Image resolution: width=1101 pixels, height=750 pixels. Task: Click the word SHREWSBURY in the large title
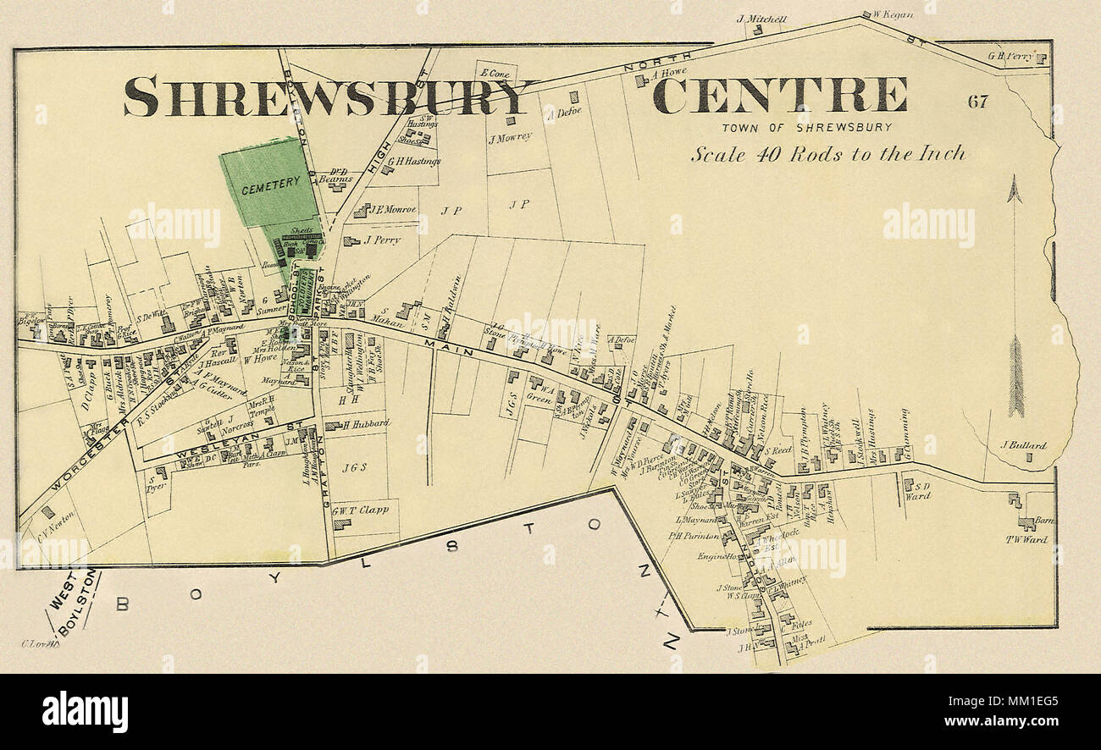330,96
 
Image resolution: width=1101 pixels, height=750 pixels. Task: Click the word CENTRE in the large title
779,95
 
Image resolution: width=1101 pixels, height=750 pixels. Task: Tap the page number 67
977,102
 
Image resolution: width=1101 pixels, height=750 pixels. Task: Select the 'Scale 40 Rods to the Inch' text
827,154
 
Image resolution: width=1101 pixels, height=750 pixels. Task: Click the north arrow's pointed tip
1015,179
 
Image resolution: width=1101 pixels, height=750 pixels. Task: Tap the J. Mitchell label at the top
761,19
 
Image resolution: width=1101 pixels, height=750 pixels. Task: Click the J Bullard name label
1023,445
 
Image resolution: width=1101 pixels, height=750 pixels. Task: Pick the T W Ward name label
1026,539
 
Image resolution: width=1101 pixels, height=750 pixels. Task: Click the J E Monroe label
393,209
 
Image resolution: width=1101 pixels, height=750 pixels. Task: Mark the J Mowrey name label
509,136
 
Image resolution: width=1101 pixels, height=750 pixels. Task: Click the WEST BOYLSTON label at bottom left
72,603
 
